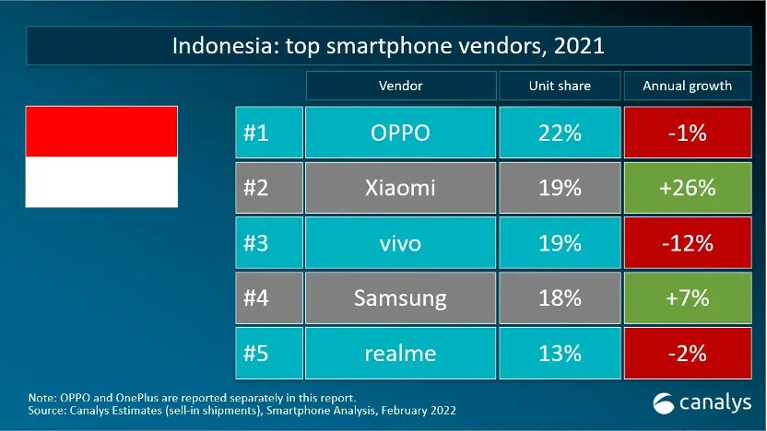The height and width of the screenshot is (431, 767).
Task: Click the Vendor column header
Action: (400, 86)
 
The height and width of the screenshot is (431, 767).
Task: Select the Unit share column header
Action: (560, 86)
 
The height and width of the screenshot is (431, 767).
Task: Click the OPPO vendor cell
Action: (400, 134)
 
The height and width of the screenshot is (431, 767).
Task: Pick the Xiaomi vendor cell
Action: (400, 189)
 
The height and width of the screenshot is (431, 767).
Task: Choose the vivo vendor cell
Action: (400, 243)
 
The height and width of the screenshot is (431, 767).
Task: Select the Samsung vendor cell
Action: (400, 297)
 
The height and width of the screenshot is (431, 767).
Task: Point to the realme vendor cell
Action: (400, 353)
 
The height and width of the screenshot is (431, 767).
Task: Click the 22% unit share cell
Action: (560, 134)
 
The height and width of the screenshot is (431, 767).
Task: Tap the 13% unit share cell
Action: (560, 353)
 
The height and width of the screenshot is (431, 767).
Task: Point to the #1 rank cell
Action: (268, 134)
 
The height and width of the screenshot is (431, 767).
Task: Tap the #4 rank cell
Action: (268, 297)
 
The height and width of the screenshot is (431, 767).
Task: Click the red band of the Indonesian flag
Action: (101, 131)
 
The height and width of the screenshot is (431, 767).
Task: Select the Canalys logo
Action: (702, 402)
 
